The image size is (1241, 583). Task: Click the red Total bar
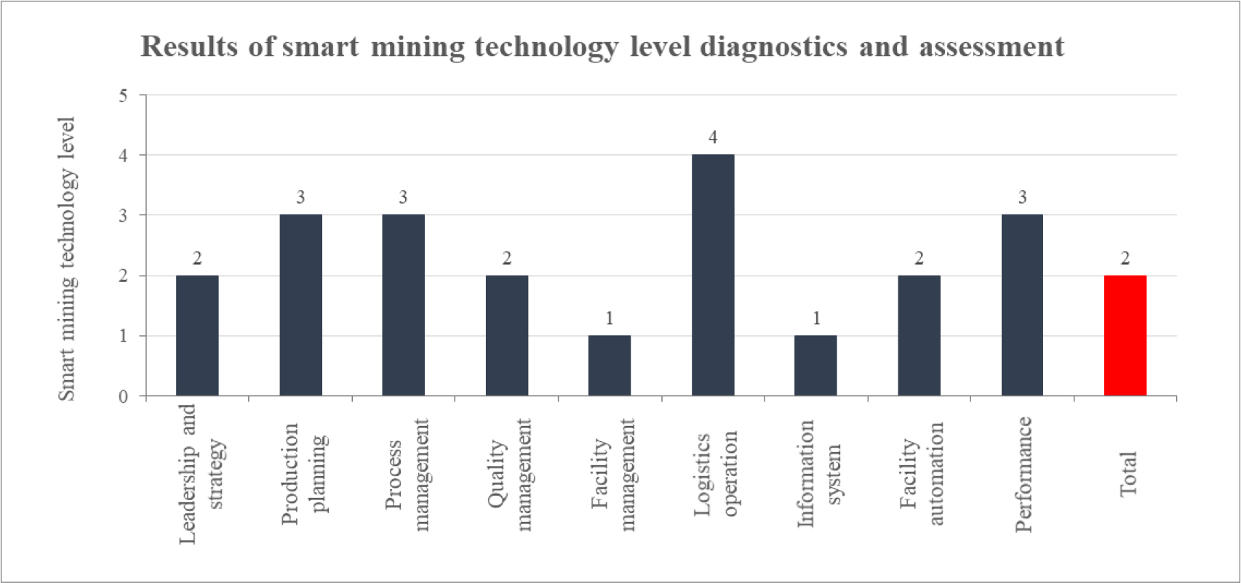pyautogui.click(x=1125, y=336)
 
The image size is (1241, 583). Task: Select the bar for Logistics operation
pyautogui.click(x=713, y=275)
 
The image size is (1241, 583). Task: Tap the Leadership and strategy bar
pyautogui.click(x=197, y=336)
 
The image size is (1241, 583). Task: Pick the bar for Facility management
pyautogui.click(x=610, y=366)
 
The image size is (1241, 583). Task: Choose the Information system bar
pyautogui.click(x=815, y=366)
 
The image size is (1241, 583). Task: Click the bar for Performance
pyautogui.click(x=1022, y=305)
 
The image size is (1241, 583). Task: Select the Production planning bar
pyautogui.click(x=300, y=305)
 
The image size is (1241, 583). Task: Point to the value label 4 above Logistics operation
pyautogui.click(x=713, y=137)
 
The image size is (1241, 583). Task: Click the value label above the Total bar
pyautogui.click(x=1125, y=259)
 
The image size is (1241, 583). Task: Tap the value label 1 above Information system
pyautogui.click(x=816, y=318)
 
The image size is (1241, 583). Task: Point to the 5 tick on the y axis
pyautogui.click(x=123, y=96)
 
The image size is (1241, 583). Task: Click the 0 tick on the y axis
pyautogui.click(x=123, y=397)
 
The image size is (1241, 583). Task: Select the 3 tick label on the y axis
pyautogui.click(x=123, y=216)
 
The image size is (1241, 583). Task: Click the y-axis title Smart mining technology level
pyautogui.click(x=67, y=258)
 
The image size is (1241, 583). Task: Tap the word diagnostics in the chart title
pyautogui.click(x=774, y=47)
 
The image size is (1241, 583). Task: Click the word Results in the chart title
pyautogui.click(x=189, y=47)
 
